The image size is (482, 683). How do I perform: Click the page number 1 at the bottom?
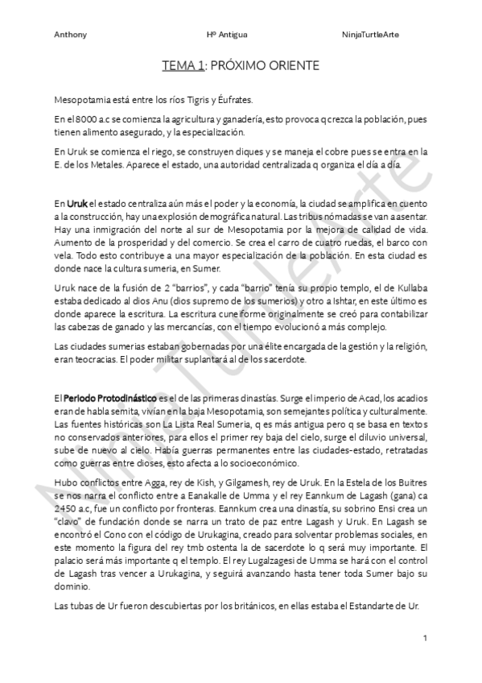(424, 638)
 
